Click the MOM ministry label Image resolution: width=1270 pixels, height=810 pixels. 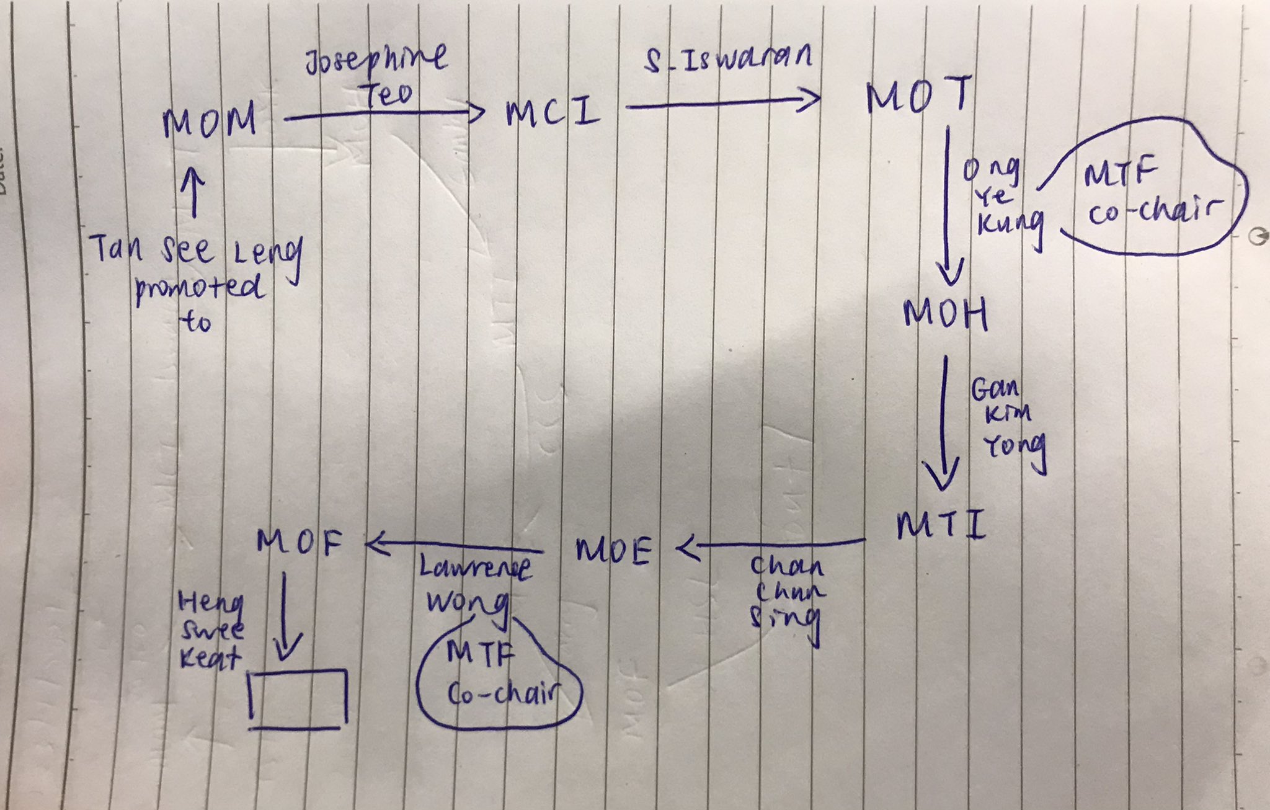tap(210, 121)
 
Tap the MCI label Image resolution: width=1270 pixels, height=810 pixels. tap(553, 113)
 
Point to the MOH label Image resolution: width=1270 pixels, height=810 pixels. tap(944, 314)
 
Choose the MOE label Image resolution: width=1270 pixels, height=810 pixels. tap(613, 550)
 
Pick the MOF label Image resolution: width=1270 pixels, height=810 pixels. tap(299, 543)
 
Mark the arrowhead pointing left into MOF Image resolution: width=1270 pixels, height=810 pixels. tap(377, 545)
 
